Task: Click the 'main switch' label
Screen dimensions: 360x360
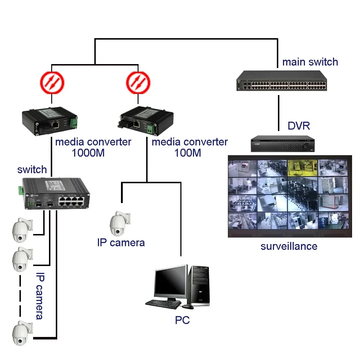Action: [310, 62]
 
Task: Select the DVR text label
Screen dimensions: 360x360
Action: [298, 126]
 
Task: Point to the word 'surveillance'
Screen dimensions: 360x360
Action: [289, 246]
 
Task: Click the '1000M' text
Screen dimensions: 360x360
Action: [88, 153]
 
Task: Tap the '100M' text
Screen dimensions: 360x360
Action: [188, 153]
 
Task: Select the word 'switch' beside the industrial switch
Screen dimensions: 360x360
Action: [32, 169]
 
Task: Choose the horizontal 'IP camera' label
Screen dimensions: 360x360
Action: [121, 243]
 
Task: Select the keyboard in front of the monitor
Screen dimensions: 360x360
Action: [163, 304]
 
